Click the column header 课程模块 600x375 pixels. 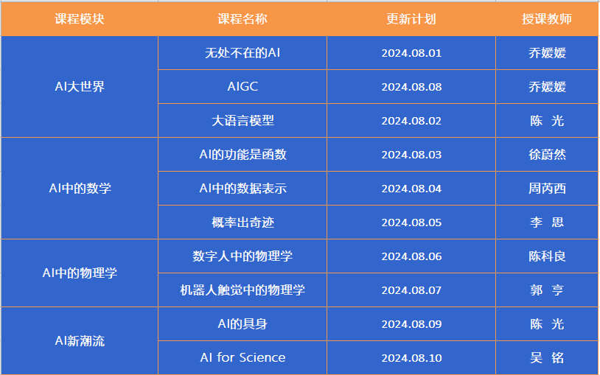pyautogui.click(x=80, y=18)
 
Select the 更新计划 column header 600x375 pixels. pyautogui.click(x=411, y=18)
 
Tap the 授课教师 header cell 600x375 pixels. pyautogui.click(x=547, y=18)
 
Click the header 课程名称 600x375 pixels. pyautogui.click(x=243, y=18)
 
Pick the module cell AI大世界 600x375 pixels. pyautogui.click(x=80, y=86)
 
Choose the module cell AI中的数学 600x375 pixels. pyautogui.click(x=80, y=189)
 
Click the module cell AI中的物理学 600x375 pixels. pyautogui.click(x=80, y=273)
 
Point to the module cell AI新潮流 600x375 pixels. pyautogui.click(x=80, y=340)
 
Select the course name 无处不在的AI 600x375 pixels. pyautogui.click(x=243, y=53)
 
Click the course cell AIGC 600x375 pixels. pyautogui.click(x=243, y=86)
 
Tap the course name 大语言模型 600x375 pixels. pyautogui.click(x=243, y=121)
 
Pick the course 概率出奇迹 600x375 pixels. pyautogui.click(x=243, y=222)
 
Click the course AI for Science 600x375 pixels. pyautogui.click(x=243, y=357)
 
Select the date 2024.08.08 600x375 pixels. pyautogui.click(x=411, y=87)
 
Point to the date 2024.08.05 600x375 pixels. pyautogui.click(x=411, y=222)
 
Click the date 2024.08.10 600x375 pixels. pyautogui.click(x=411, y=358)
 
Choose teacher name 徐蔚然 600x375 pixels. pyautogui.click(x=547, y=155)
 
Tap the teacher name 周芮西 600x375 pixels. pyautogui.click(x=547, y=189)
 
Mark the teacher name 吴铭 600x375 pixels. pyautogui.click(x=547, y=358)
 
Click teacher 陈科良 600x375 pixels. pyautogui.click(x=547, y=256)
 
